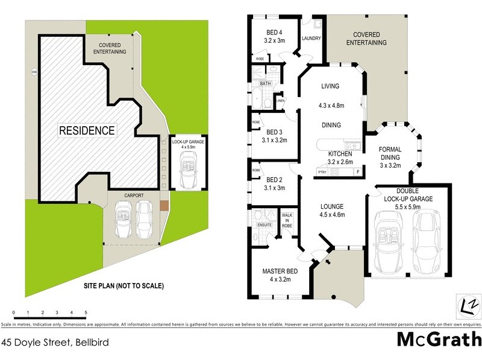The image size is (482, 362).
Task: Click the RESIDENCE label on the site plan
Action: pos(87,130)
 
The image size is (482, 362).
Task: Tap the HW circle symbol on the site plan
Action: pos(34,74)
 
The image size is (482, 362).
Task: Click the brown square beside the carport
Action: pos(164,205)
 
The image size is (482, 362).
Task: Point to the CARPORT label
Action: pos(133,195)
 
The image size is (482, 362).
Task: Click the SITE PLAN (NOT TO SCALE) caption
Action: pos(124,285)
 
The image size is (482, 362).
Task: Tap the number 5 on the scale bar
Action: pos(86,312)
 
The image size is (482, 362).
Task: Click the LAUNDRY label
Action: pos(311,39)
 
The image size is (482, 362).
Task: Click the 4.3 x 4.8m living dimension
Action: pos(331,106)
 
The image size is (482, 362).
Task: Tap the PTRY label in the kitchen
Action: pos(322,172)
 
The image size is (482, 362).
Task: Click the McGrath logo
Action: pos(439,339)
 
